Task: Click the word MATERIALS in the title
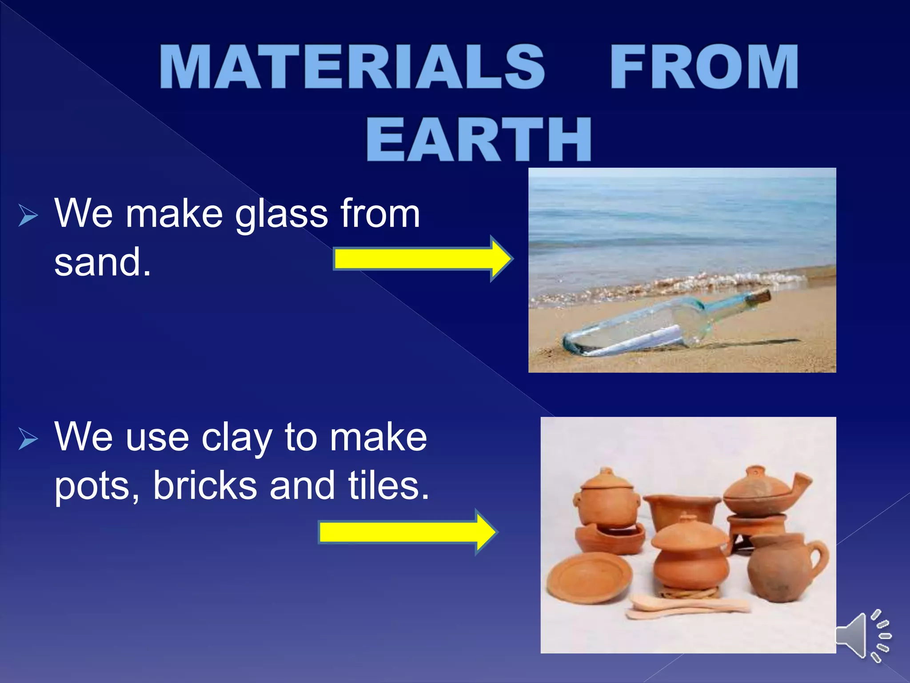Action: click(x=352, y=68)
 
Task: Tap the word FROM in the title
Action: click(x=704, y=68)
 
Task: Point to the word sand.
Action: click(x=102, y=262)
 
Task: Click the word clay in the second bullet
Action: click(x=237, y=438)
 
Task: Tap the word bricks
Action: click(x=205, y=486)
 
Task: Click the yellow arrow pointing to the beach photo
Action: click(x=422, y=259)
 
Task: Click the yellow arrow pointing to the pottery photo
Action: click(x=407, y=532)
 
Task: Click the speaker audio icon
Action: click(x=862, y=636)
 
